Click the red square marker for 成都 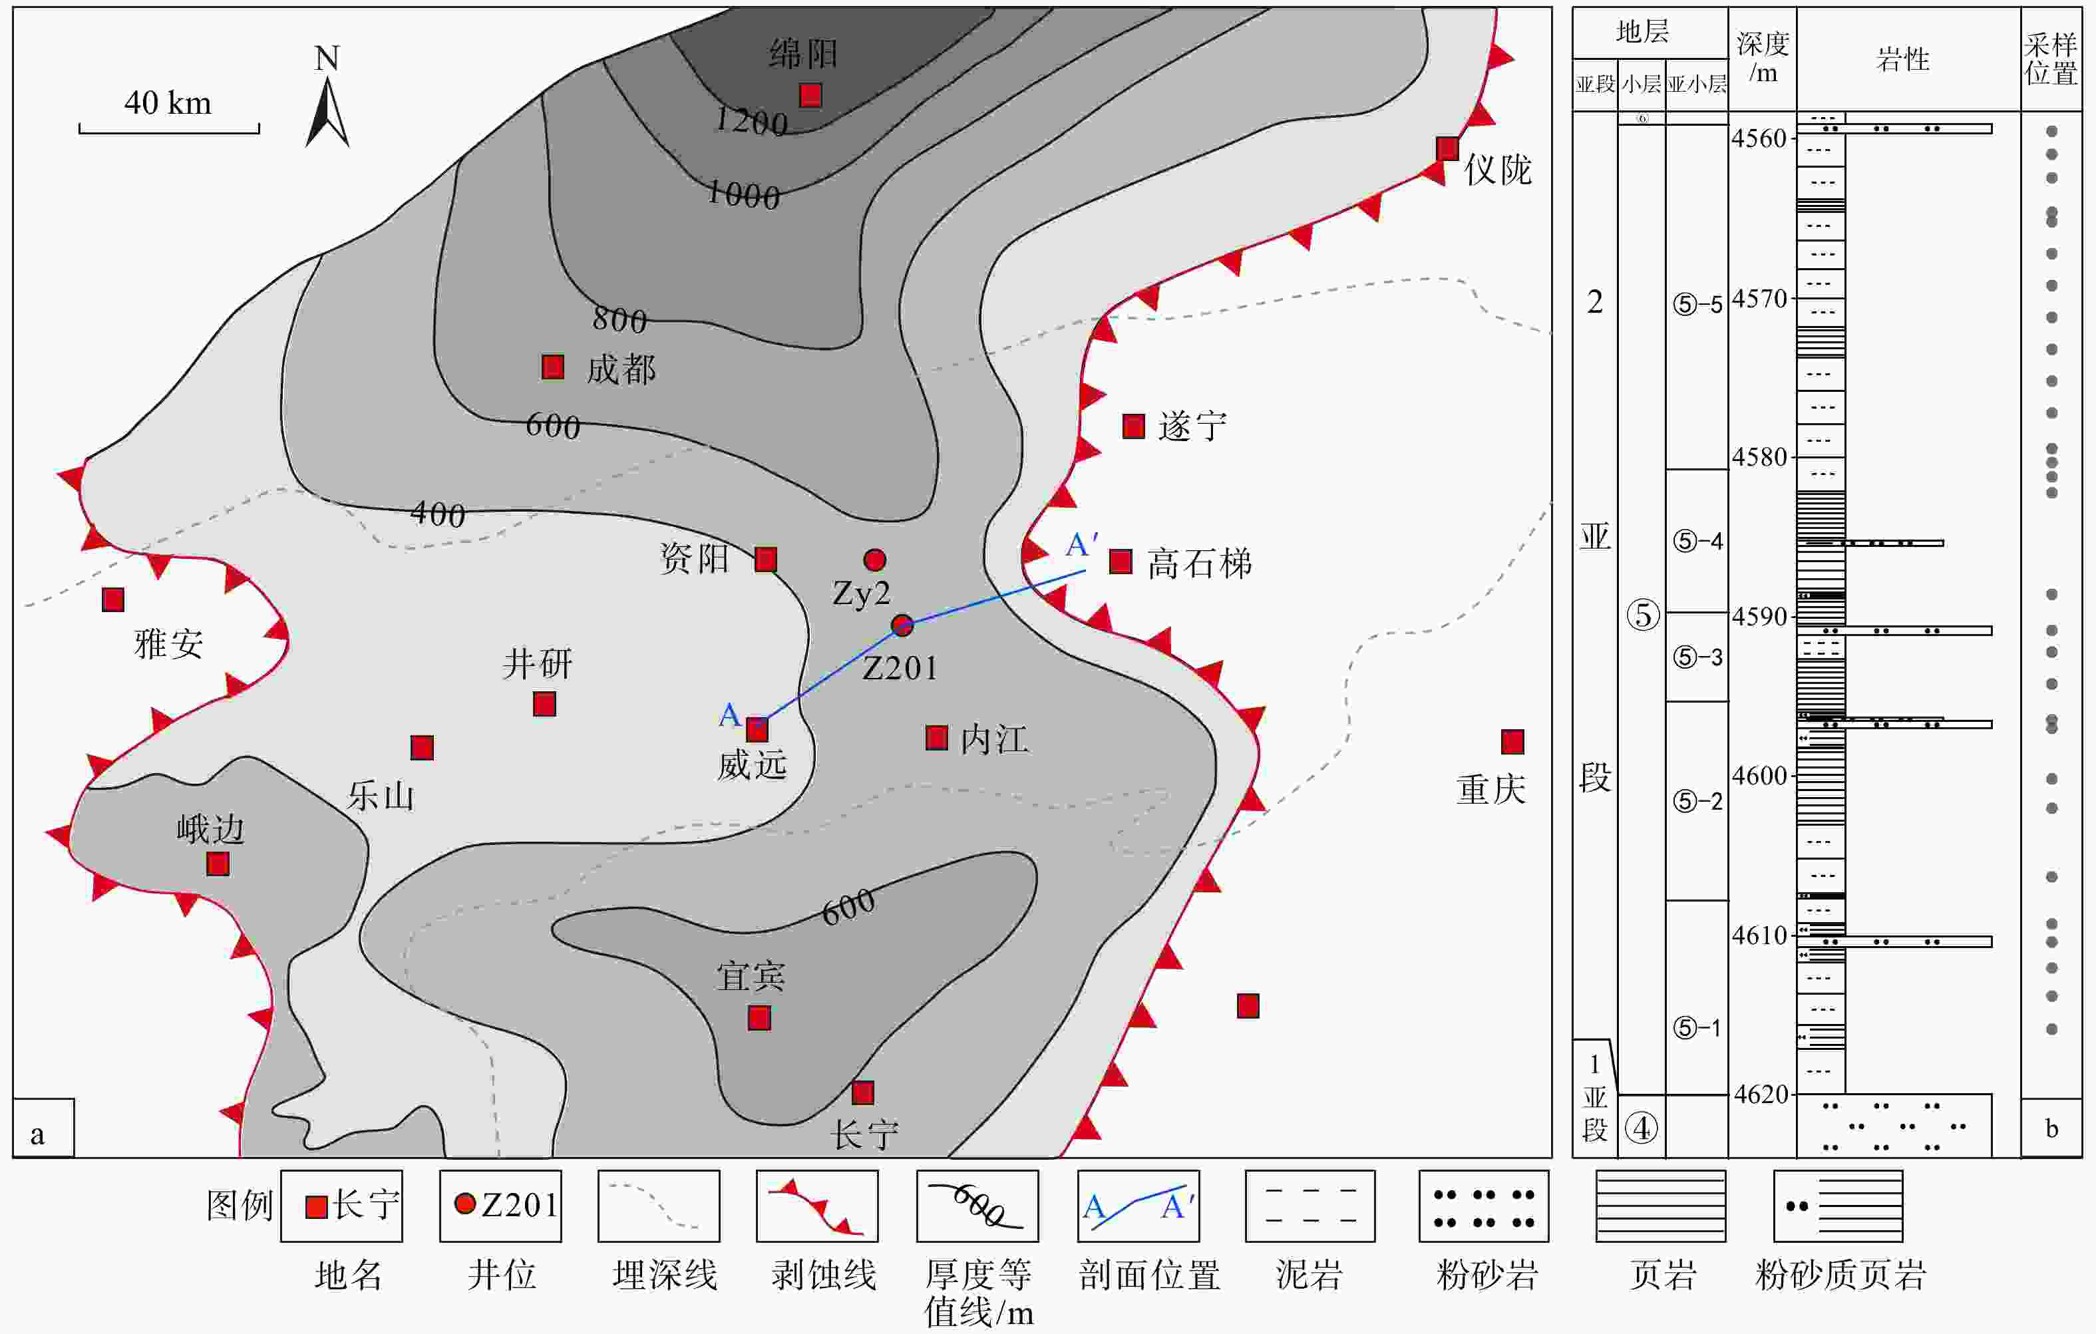click(x=553, y=367)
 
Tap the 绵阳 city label click(x=803, y=54)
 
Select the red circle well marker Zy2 click(x=875, y=560)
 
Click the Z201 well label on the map click(x=900, y=668)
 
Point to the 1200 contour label click(x=751, y=121)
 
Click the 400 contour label click(x=438, y=514)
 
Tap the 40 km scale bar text click(x=168, y=102)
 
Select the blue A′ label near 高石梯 click(x=1082, y=546)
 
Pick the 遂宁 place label click(x=1192, y=426)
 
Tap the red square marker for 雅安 click(x=113, y=599)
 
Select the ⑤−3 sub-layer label click(x=1697, y=657)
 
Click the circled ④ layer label click(x=1642, y=1128)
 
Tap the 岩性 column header click(x=1903, y=60)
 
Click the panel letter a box click(x=43, y=1128)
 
